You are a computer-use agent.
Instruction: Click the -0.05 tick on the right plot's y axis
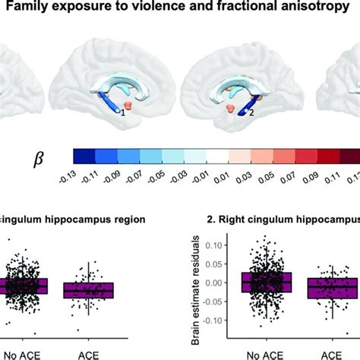tap(218, 302)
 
